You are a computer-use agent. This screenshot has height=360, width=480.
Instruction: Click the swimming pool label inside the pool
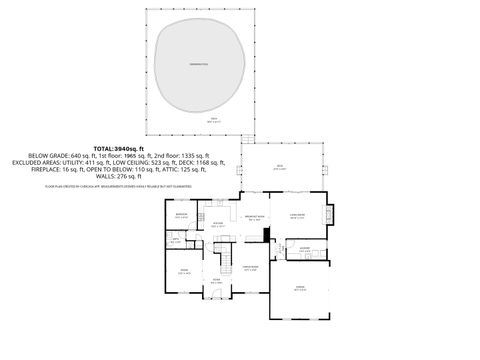(x=200, y=64)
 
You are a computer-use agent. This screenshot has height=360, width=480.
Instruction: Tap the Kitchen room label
(x=218, y=224)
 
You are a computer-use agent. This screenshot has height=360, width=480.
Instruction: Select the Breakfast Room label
(x=254, y=216)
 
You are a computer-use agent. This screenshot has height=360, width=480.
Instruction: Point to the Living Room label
(x=298, y=215)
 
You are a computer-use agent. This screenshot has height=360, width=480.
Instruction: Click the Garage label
(x=300, y=287)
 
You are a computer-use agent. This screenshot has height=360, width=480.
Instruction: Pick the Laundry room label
(x=304, y=247)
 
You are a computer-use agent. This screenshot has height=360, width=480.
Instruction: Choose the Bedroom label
(x=182, y=215)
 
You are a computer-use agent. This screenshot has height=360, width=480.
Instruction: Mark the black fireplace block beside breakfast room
(x=266, y=235)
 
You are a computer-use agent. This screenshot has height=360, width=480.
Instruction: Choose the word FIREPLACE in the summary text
(x=47, y=170)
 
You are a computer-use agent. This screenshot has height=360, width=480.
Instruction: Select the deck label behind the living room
(x=280, y=168)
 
